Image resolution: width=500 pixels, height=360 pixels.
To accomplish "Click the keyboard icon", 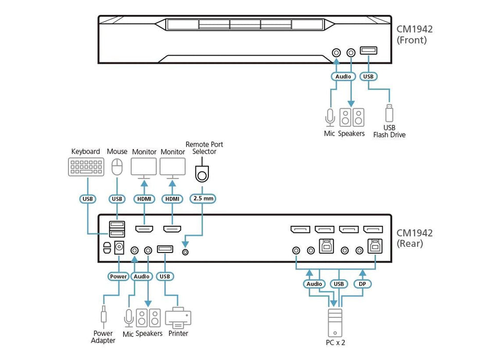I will coord(86,167).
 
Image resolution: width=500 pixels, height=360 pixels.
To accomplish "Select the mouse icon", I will coord(117,167).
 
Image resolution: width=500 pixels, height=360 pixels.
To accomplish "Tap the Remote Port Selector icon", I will coord(202,173).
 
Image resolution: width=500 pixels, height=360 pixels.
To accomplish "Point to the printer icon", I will coord(178,317).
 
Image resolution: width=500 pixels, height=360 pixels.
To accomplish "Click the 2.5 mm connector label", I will coord(202,199).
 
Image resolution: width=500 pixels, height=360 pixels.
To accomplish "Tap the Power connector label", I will coord(118,276).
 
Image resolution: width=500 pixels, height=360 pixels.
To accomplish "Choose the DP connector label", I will coord(363,284).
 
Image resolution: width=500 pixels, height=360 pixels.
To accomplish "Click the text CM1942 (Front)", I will coord(415,34).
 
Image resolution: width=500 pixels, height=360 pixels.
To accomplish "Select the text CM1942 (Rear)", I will coord(415,238).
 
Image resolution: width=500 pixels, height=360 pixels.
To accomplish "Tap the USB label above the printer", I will coord(164,276).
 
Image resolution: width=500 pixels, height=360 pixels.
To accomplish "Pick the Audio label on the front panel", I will coord(343,77).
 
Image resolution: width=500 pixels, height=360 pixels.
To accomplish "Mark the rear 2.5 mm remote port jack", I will coord(186,251).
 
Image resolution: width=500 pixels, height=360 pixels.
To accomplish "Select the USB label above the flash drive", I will coord(368,77).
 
